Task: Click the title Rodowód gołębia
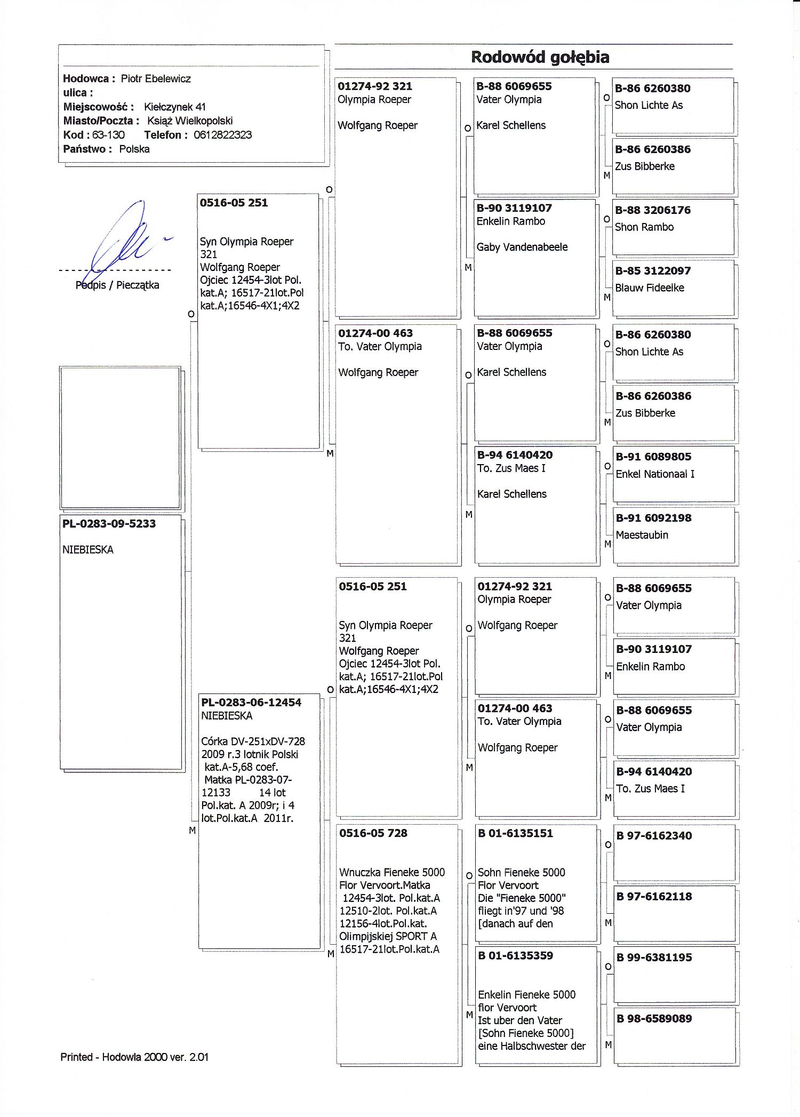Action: coord(540,57)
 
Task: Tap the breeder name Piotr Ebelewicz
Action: coord(156,78)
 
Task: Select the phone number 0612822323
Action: coord(222,135)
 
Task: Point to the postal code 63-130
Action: coord(108,135)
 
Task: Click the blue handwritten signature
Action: coord(125,237)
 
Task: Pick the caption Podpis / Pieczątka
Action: coord(117,285)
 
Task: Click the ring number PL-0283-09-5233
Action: coord(109,524)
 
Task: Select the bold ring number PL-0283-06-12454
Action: coord(251,703)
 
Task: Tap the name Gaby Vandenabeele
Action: coord(522,247)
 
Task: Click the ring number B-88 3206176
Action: coord(653,210)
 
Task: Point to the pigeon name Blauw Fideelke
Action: coord(650,288)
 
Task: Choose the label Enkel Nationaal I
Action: coord(655,474)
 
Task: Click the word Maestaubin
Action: coord(642,535)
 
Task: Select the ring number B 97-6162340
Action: coord(654,836)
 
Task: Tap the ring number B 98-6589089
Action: coord(654,1019)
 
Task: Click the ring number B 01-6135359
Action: coord(516,956)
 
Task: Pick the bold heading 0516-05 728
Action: coord(373,833)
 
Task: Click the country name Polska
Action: coord(134,149)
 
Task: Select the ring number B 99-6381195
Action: coord(654,958)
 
